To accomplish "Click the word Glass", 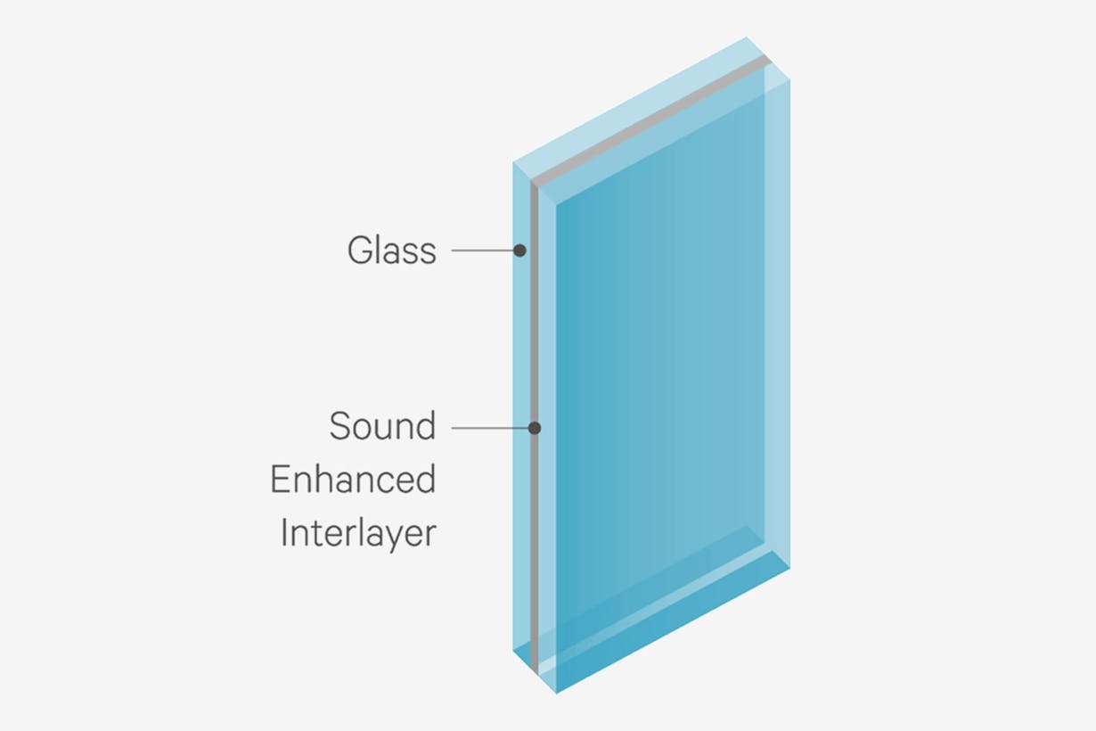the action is (391, 251).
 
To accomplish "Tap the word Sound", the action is (382, 426).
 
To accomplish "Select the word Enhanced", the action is (353, 479).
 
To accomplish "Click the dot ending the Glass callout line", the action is (519, 251).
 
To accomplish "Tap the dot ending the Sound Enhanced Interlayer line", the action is (535, 429).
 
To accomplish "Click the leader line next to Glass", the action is (482, 251).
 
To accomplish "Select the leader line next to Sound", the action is (490, 429).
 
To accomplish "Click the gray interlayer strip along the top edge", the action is (651, 120).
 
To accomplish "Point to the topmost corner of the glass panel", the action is (746, 37).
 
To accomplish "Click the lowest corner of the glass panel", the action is (556, 694).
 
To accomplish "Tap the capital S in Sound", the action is (340, 426).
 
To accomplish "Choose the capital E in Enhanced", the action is (280, 479).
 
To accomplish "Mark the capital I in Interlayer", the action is (283, 532).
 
